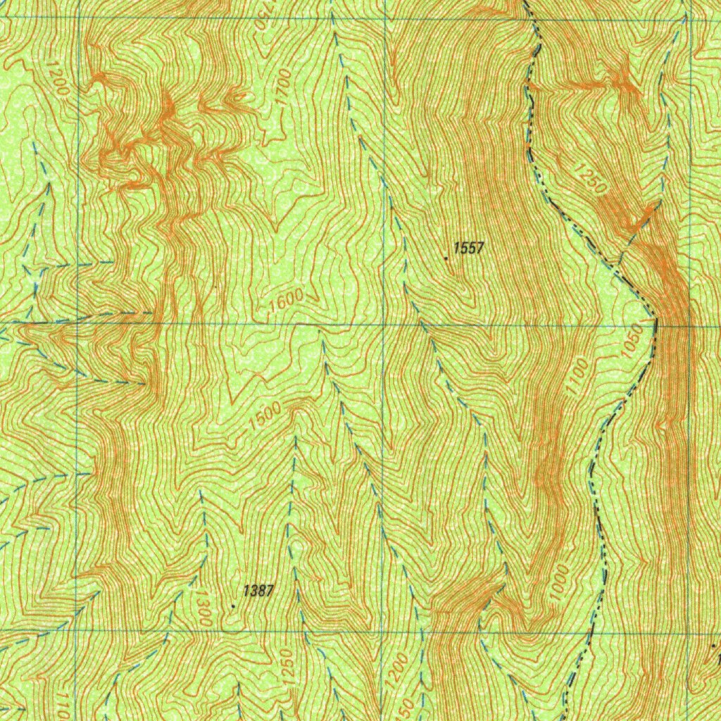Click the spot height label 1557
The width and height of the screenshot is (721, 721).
(x=469, y=247)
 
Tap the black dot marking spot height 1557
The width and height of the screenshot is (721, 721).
(x=446, y=258)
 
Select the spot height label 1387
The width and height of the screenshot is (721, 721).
(x=258, y=591)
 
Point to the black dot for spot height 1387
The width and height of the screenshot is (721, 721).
(x=234, y=605)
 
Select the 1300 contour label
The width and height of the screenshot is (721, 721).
(x=205, y=608)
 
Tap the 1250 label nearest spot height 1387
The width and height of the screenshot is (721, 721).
(x=286, y=665)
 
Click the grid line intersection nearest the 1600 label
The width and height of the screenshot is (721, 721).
(x=384, y=325)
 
